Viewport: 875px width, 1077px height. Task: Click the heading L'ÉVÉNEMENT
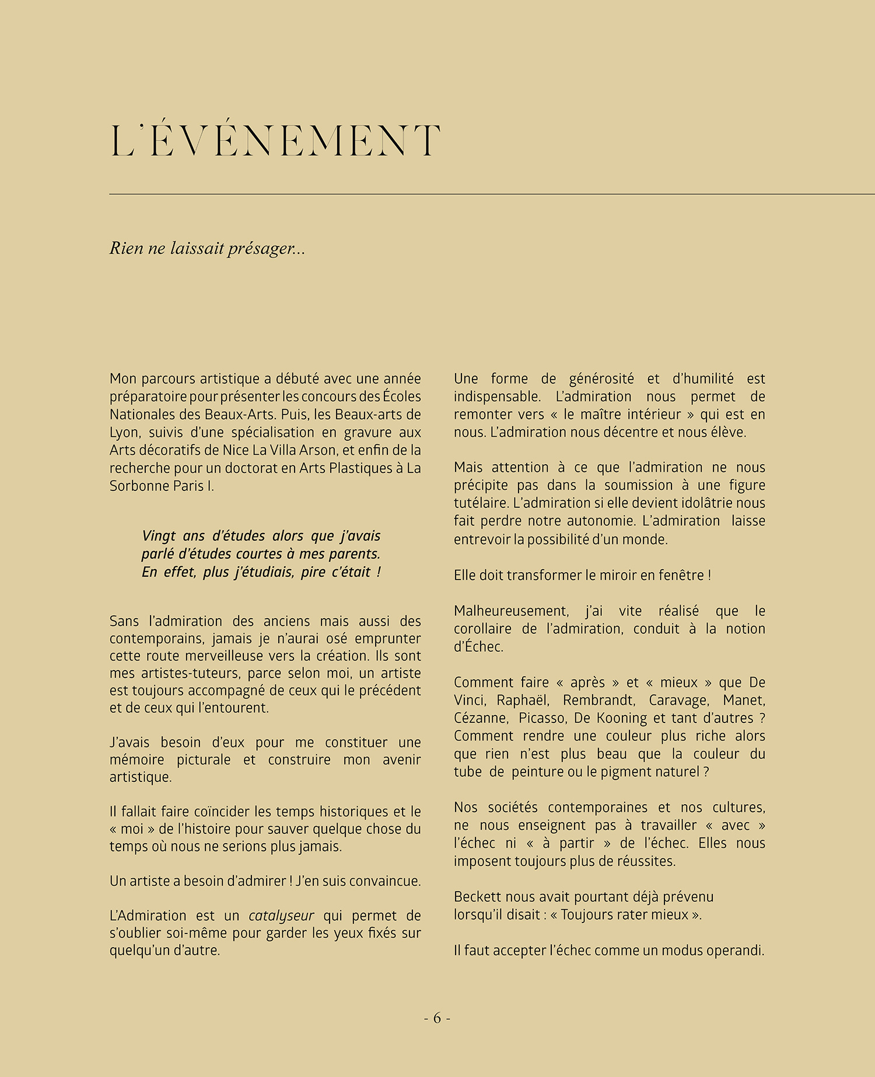tap(275, 141)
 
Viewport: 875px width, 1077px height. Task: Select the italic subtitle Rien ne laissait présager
tap(207, 248)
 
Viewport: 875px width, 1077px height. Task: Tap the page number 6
tap(437, 1018)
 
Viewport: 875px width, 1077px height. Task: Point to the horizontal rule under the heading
tap(492, 194)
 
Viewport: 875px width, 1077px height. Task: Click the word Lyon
tap(124, 433)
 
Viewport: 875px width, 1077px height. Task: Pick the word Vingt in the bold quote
tap(159, 536)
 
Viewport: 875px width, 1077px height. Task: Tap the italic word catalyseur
tap(281, 915)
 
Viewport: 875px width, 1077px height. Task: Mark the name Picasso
tap(542, 718)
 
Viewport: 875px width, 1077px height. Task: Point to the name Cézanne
tap(480, 718)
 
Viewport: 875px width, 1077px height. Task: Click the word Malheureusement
tap(511, 611)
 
